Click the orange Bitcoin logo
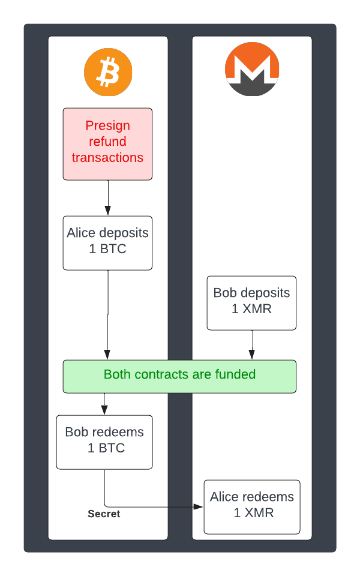pos(108,72)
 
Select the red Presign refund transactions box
pos(108,144)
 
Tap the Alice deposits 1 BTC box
pos(108,243)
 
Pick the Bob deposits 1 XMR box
pos(251,303)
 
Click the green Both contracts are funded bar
pos(179,376)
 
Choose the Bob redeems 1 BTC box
pos(104,442)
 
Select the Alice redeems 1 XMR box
pos(252,507)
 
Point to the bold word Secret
pos(104,514)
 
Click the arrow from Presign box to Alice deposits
pos(108,198)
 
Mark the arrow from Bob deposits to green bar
pos(252,345)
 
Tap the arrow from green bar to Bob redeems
pos(104,404)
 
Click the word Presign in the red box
pos(107,125)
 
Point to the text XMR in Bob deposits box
pos(260,310)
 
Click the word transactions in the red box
pos(108,158)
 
